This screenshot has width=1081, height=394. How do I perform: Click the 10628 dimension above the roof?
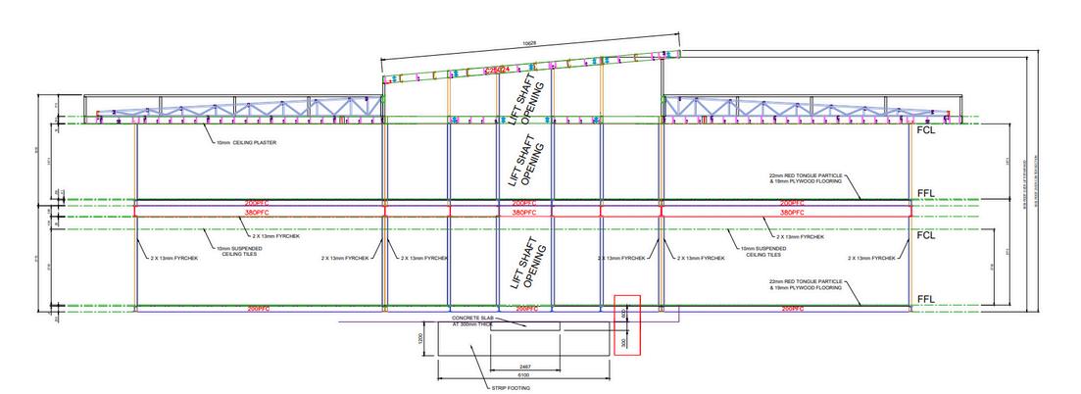(529, 43)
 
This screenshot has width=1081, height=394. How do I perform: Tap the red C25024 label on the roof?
(504, 71)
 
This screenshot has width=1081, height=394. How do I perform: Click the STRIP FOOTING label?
(510, 387)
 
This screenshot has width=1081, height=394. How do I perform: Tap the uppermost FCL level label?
(925, 128)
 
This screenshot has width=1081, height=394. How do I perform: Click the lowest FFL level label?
(925, 299)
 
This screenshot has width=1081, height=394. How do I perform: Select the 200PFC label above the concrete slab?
(525, 309)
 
